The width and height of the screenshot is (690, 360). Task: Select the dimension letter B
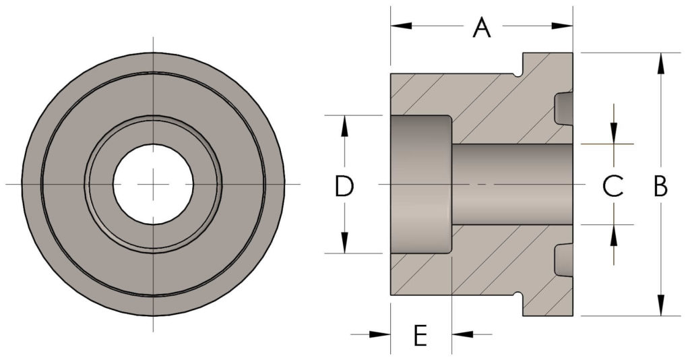(660, 186)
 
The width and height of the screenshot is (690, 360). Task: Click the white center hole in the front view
(153, 185)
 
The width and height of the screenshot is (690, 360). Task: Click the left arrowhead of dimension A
(402, 26)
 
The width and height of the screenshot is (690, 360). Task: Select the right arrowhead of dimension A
(562, 26)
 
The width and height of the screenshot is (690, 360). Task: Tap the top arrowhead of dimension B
(660, 63)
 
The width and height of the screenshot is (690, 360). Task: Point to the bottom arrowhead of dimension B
(660, 305)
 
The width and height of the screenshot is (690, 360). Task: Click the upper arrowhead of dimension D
(344, 126)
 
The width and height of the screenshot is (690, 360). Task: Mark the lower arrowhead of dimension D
(344, 243)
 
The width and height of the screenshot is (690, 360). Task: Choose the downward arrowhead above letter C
(614, 133)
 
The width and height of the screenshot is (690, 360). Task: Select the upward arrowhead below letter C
(614, 235)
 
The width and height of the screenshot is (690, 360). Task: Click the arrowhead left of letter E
(380, 334)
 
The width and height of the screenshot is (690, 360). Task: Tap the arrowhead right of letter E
(462, 334)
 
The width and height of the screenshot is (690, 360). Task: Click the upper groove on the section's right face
(564, 109)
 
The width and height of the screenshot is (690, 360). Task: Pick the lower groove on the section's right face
(564, 260)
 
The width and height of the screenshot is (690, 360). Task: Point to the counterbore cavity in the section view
(421, 185)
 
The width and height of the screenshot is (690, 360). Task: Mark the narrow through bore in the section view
(512, 185)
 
